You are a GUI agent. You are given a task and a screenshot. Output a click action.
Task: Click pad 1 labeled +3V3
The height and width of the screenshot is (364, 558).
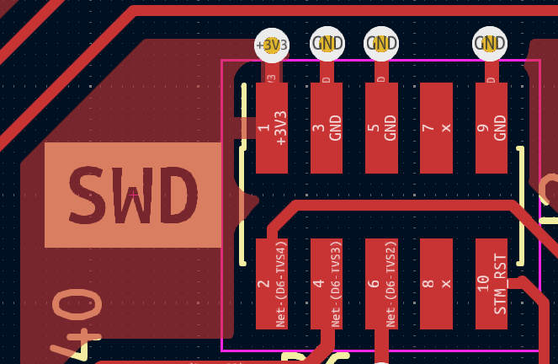tap(272, 127)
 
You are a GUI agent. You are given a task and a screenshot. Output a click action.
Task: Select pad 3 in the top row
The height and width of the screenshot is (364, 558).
tap(327, 127)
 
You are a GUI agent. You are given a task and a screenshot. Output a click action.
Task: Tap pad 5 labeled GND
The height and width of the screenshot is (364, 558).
tap(381, 127)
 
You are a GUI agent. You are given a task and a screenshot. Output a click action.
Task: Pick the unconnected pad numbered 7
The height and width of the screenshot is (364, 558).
tap(436, 127)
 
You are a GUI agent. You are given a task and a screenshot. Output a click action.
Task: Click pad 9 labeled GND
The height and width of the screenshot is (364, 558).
tap(492, 127)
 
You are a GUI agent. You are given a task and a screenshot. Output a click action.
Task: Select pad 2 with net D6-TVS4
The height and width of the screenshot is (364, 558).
tap(272, 284)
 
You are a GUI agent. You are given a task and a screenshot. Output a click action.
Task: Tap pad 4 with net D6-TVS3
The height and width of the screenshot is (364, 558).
tap(327, 284)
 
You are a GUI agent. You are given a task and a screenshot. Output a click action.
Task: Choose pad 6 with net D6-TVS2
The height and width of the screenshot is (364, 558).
tap(381, 284)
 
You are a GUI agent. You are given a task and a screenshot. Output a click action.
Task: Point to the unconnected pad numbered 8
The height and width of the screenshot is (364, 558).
tap(436, 284)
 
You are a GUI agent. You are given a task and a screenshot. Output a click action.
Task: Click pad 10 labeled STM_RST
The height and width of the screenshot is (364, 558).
tap(492, 284)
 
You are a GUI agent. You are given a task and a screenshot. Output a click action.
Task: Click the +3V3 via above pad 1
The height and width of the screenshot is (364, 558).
tap(272, 45)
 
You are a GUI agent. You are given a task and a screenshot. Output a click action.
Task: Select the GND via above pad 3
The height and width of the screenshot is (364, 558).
tap(327, 43)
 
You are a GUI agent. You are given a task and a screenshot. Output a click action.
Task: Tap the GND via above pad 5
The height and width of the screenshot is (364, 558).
tap(381, 43)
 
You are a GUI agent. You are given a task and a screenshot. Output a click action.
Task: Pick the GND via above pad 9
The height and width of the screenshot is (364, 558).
tap(490, 43)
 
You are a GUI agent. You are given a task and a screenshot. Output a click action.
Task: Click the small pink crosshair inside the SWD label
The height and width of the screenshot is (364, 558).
tap(133, 195)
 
